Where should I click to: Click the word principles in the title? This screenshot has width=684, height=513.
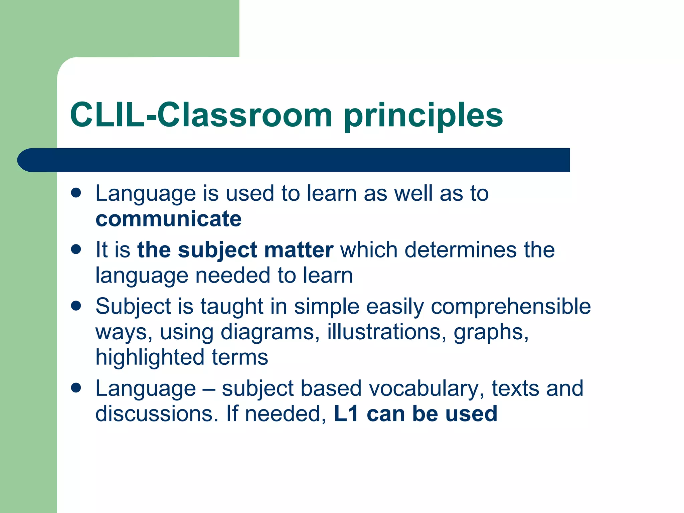(x=423, y=116)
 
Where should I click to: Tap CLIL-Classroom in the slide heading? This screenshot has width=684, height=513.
(x=201, y=115)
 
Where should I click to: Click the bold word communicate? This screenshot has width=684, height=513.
(x=168, y=219)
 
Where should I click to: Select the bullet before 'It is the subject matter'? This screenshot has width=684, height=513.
(x=76, y=249)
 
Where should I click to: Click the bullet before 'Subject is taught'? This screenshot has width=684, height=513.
(x=76, y=306)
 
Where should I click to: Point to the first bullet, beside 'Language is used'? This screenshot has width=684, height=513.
(x=76, y=193)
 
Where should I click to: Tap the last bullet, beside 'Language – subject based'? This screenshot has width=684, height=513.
(x=76, y=388)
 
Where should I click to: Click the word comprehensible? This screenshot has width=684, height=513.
(x=511, y=306)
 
